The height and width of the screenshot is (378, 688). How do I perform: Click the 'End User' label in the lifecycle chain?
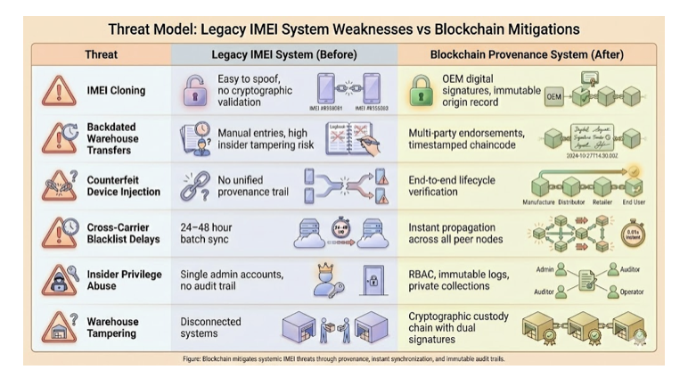[x=633, y=203]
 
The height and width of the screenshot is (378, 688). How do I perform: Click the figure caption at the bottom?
[x=344, y=357]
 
